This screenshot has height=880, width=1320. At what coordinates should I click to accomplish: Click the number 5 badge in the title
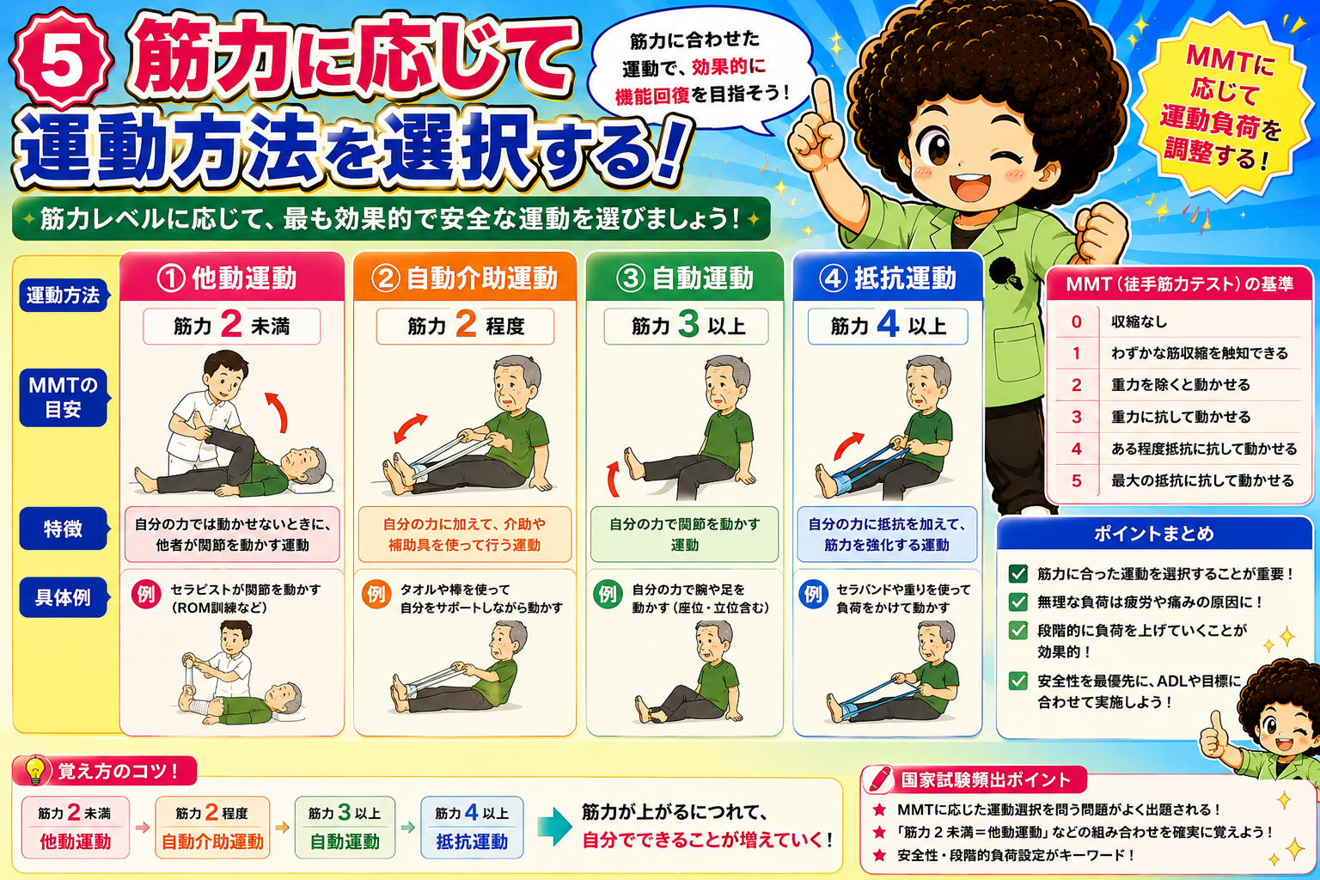(61, 60)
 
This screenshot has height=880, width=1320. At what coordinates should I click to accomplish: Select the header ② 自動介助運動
(464, 278)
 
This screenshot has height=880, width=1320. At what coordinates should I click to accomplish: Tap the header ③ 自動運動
(684, 278)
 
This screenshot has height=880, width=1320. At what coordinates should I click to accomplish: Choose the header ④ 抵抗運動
(888, 278)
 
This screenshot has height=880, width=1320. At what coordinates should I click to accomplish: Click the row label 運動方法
(63, 296)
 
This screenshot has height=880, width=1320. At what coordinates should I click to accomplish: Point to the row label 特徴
(63, 529)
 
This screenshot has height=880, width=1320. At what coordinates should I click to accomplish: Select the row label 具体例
(63, 597)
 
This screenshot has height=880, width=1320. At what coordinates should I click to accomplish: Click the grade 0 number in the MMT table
(1076, 321)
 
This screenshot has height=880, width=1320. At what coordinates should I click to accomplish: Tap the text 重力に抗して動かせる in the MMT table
(1180, 418)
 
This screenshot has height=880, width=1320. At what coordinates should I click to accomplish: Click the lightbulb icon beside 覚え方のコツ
(35, 770)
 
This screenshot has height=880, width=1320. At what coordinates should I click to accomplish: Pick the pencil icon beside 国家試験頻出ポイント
(879, 779)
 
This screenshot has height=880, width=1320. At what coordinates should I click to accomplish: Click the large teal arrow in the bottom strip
(554, 827)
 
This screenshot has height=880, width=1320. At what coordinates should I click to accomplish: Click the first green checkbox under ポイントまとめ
(1017, 573)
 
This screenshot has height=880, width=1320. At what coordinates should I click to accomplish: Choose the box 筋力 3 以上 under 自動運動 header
(686, 326)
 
